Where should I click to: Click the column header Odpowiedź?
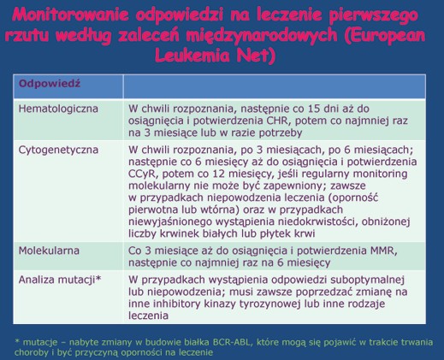click(50, 84)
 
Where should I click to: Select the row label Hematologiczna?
click(58, 109)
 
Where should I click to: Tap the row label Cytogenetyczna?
click(58, 150)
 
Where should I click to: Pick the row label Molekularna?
click(49, 251)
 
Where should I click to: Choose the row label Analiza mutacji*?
click(60, 280)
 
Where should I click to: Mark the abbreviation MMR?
click(384, 251)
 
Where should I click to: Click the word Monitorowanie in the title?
click(70, 15)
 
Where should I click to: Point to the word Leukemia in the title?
click(192, 56)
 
